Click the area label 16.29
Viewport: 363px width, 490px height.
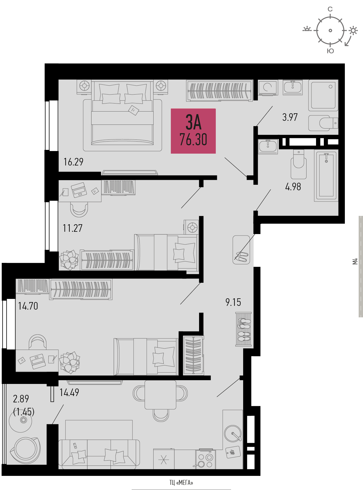tap(73, 162)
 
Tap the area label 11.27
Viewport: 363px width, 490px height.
tap(73, 228)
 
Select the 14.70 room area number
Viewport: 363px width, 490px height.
tap(28, 306)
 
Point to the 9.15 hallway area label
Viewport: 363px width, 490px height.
tap(233, 302)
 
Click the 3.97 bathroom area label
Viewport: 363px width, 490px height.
tap(290, 117)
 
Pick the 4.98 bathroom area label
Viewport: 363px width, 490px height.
tap(293, 187)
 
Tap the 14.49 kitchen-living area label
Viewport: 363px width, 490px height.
tap(69, 393)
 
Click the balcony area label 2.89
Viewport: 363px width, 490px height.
tap(21, 399)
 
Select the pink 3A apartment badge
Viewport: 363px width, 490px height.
tap(193, 131)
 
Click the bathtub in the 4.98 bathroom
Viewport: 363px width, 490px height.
tap(326, 176)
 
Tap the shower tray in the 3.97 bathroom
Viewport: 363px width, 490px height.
tap(323, 95)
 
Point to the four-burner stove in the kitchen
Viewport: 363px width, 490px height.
tap(205, 460)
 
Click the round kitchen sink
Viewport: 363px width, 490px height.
tap(233, 433)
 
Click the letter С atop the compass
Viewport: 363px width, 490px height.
tap(330, 9)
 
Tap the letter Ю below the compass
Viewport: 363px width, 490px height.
tap(330, 51)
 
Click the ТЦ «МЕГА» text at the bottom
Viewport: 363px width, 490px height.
tap(181, 483)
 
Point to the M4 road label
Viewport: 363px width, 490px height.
tap(355, 261)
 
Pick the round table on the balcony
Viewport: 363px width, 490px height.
tap(20, 420)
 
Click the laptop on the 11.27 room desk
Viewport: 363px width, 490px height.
tap(79, 190)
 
